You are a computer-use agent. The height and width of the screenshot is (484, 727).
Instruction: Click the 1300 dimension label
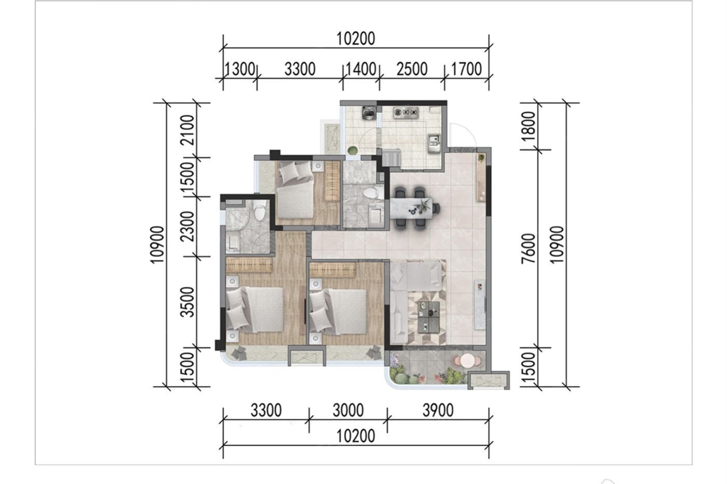pyautogui.click(x=240, y=69)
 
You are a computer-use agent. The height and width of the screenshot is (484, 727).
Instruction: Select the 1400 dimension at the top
pyautogui.click(x=361, y=69)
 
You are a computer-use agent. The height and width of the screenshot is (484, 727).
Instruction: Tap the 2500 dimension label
pyautogui.click(x=412, y=69)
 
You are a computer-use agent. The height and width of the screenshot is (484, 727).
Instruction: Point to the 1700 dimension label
pyautogui.click(x=466, y=69)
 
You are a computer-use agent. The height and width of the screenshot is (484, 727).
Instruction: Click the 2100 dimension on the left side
pyautogui.click(x=188, y=130)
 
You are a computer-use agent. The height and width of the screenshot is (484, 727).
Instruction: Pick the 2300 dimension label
pyautogui.click(x=188, y=226)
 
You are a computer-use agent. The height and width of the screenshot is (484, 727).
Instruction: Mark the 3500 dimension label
pyautogui.click(x=188, y=302)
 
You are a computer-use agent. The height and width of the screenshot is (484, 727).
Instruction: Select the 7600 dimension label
pyautogui.click(x=529, y=248)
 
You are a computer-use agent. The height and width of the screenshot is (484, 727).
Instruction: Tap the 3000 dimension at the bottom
pyautogui.click(x=348, y=411)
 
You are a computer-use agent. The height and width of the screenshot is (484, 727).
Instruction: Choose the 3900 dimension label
pyautogui.click(x=438, y=411)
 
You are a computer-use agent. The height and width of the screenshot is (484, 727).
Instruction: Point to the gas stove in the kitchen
pyautogui.click(x=406, y=112)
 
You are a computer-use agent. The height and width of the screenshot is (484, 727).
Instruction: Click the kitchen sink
pyautogui.click(x=434, y=143)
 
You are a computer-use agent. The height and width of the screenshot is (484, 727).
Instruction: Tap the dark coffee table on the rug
pyautogui.click(x=428, y=317)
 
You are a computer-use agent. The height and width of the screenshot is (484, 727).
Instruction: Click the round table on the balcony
pyautogui.click(x=467, y=360)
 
